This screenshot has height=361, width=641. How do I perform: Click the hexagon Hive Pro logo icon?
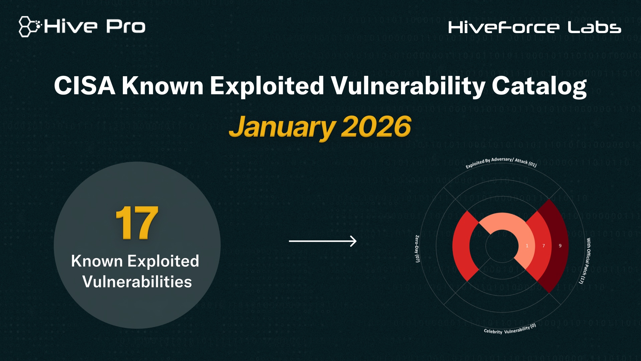[29, 26]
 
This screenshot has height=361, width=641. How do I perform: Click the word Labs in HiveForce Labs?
[594, 27]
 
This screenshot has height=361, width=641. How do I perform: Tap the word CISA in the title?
[85, 86]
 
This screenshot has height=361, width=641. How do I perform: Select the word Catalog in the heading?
[539, 86]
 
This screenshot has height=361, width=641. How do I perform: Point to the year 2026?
[376, 127]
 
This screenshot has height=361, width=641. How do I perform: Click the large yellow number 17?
[137, 223]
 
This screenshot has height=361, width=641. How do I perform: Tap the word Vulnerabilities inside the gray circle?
[137, 281]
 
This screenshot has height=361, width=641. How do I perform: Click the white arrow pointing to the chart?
[323, 241]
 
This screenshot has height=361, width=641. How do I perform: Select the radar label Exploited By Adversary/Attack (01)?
[501, 162]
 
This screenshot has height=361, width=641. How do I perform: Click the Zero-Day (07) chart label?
[417, 249]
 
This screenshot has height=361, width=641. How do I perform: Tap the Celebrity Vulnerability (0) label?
[510, 330]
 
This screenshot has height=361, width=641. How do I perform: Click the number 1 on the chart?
[527, 246]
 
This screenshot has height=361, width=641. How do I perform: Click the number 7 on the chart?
[544, 246]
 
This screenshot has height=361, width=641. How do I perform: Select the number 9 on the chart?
[560, 246]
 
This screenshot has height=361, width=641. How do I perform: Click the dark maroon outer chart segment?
[558, 227]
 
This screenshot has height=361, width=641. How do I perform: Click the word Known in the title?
[163, 86]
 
